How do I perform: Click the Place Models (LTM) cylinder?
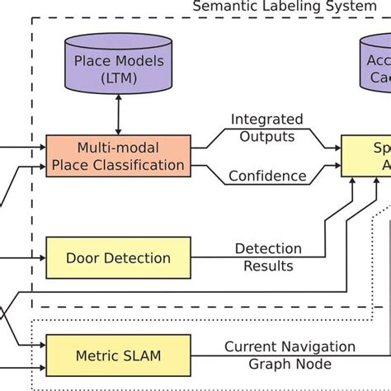tap(119, 69)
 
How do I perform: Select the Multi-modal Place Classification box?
tap(119, 156)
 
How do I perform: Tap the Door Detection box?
tap(119, 257)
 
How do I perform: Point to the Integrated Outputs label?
tap(266, 128)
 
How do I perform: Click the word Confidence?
tap(267, 176)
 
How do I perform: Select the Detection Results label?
tap(268, 257)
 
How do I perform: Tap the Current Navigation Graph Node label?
tap(290, 355)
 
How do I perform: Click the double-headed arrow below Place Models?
tap(119, 116)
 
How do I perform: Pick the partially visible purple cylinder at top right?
tap(375, 69)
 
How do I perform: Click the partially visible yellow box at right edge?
tap(367, 156)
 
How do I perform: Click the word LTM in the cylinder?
tap(120, 78)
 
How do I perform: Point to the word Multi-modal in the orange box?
tap(119, 148)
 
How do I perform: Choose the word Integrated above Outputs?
tap(266, 120)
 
